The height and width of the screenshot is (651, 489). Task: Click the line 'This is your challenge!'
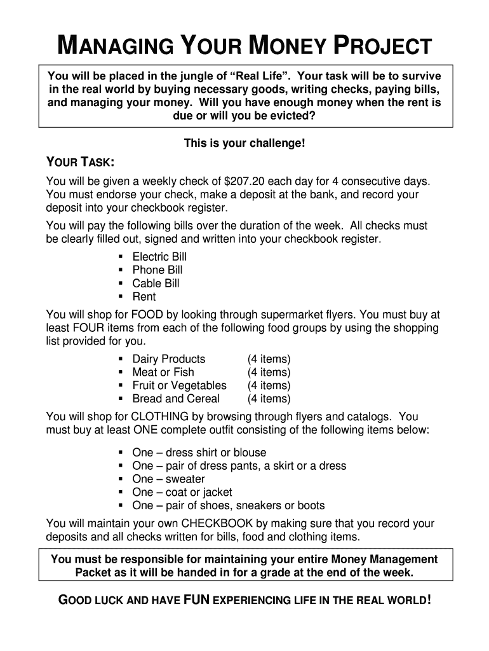point(245,144)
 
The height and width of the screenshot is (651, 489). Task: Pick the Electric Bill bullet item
point(159,257)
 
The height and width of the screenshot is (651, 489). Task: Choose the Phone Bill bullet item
point(157,270)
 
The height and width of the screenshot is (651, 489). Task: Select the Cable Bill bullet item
point(156,284)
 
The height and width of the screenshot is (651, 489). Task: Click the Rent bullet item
point(144,297)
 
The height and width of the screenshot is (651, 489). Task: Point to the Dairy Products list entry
point(168,359)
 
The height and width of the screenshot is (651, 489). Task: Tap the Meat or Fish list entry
point(163,373)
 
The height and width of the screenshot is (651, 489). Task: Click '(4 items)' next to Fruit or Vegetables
point(269,386)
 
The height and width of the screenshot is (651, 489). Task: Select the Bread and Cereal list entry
point(175,399)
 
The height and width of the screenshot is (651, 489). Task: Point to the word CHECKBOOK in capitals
point(217,524)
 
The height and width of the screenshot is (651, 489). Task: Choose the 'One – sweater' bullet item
point(168,479)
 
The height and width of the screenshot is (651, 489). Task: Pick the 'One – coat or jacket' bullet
point(182,493)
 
